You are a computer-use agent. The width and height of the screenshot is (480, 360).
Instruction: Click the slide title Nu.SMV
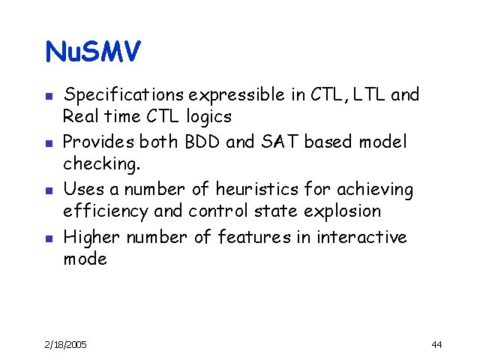coord(93,52)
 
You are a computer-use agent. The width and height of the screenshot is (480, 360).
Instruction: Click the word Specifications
coord(124,95)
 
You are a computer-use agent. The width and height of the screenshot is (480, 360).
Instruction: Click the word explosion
coord(345,211)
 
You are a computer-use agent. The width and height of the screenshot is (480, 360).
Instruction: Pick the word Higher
coord(91,237)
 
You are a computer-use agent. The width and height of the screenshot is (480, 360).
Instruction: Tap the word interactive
coord(361,237)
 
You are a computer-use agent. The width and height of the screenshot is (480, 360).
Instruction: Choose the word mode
coord(85,259)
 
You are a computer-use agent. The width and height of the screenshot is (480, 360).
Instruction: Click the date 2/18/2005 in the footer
coord(65,344)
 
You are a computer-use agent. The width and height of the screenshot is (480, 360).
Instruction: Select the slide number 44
coord(436,344)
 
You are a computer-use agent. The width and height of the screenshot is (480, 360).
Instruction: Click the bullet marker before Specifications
coord(46,96)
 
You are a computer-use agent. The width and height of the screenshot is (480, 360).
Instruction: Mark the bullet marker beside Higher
coord(46,238)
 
